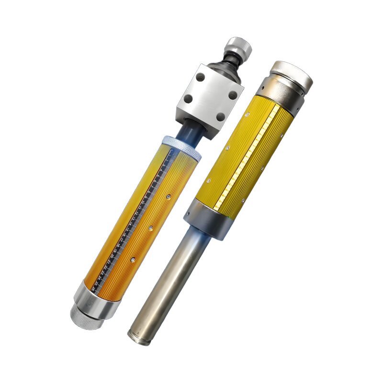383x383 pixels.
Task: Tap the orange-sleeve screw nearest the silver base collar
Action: (132, 260)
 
